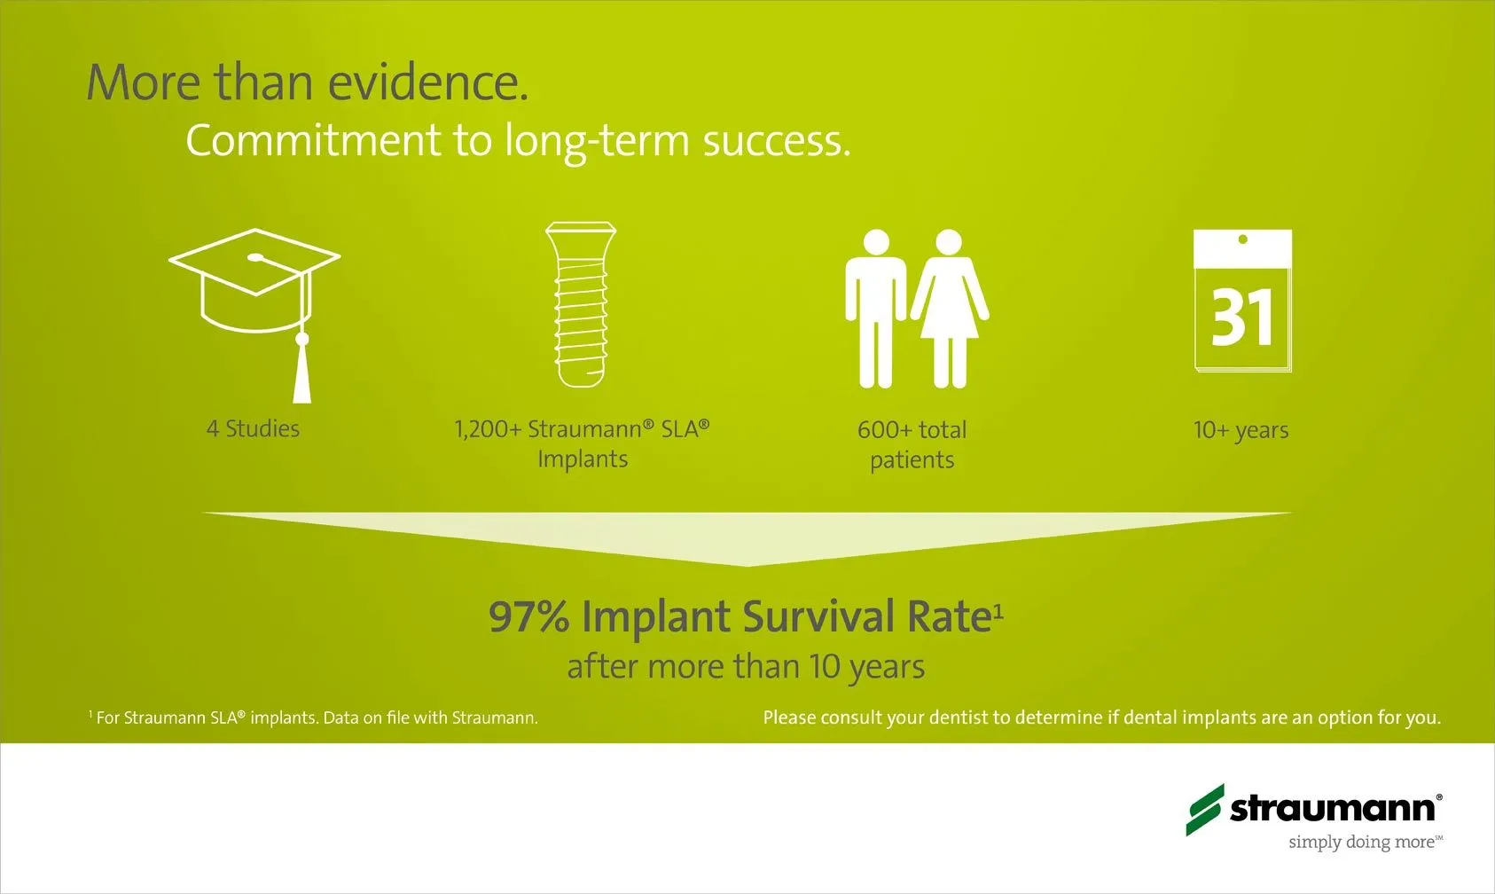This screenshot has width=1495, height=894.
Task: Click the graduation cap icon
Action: click(255, 280)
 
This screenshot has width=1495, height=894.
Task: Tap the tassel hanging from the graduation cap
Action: click(302, 374)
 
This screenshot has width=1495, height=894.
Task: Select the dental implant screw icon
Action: click(581, 304)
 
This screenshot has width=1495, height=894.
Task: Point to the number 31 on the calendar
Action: click(1242, 318)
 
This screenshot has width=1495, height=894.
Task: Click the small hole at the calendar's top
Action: click(1242, 239)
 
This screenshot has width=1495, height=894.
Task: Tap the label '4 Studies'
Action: click(253, 428)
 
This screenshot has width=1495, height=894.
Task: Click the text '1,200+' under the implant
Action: click(487, 429)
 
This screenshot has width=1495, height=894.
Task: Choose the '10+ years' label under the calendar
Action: click(1241, 431)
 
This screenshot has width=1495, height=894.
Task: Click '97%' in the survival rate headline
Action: click(529, 616)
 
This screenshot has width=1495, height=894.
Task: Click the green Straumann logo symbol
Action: click(1205, 810)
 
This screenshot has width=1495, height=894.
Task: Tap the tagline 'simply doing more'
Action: click(1361, 843)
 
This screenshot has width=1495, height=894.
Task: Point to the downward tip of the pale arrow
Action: click(747, 566)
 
